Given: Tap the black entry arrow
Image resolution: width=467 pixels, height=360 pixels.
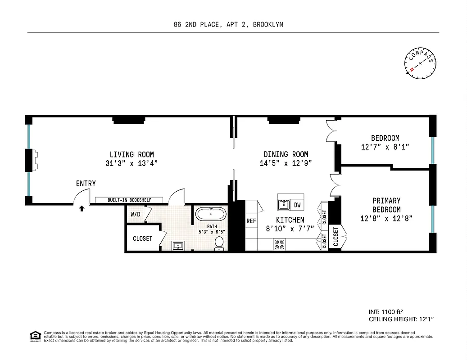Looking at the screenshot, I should [82, 208].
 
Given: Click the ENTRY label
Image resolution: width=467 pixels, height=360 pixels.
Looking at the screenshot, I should [86, 184].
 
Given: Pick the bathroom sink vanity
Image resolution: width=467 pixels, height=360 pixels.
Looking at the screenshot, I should [178, 246].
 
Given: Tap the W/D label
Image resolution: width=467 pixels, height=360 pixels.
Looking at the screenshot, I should [135, 215].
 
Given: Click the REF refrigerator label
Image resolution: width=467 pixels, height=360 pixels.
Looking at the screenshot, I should [251, 221].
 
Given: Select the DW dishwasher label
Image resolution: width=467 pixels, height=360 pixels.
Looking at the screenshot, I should [297, 205].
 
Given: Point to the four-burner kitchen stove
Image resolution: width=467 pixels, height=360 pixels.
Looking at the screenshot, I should [279, 244].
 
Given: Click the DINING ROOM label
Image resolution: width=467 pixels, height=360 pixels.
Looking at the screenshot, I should [286, 154].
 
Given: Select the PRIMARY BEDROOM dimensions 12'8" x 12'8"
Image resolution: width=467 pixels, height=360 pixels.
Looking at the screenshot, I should [386, 219].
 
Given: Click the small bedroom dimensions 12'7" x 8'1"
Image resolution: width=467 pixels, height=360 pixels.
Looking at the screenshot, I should [385, 147].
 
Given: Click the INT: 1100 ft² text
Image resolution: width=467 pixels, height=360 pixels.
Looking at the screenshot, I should [385, 311].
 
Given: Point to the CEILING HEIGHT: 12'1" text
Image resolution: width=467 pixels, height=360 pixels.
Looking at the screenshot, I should [401, 319].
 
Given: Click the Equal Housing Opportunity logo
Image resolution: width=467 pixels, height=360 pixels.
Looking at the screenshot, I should [34, 335].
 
